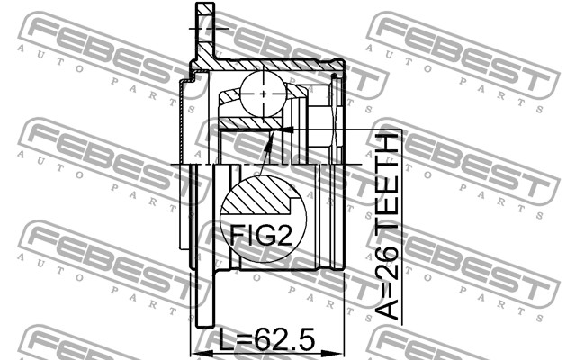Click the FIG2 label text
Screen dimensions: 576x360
point(261,236)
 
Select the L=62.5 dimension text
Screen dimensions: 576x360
point(266,339)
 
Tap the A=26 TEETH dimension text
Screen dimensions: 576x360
point(387,225)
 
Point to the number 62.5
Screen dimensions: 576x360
point(284,339)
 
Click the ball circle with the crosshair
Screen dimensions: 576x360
point(264,94)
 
